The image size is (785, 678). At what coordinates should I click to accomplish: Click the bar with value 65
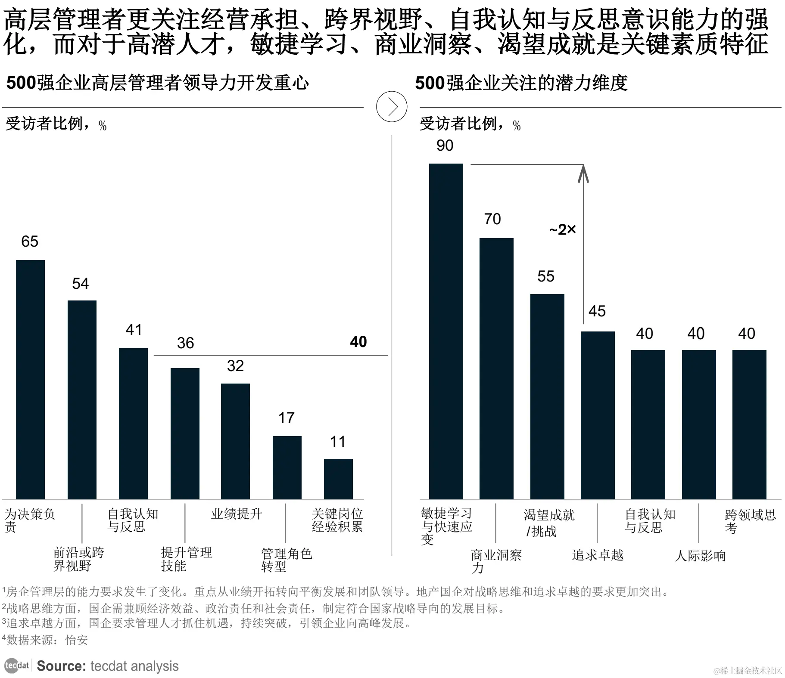click(30, 379)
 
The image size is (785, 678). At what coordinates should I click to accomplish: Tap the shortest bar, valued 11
click(338, 479)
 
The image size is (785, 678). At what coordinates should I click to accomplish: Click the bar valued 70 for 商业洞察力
click(496, 368)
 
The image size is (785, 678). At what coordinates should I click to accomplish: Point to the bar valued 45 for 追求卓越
click(598, 415)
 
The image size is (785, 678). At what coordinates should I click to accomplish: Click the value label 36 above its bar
click(185, 343)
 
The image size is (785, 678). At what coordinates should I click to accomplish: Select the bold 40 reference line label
click(358, 342)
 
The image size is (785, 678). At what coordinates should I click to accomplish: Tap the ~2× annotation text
click(562, 230)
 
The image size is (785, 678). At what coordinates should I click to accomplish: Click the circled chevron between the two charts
click(392, 106)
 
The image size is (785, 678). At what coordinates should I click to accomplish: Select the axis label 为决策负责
click(29, 520)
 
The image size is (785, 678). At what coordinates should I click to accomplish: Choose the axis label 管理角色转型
click(286, 560)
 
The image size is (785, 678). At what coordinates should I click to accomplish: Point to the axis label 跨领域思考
click(750, 521)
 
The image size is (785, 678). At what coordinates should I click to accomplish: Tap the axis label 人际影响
click(700, 556)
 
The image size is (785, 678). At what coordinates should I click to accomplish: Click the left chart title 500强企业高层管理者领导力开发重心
click(158, 83)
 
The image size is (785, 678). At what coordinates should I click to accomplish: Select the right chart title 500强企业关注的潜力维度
click(521, 83)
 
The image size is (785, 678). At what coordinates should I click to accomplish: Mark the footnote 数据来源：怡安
click(46, 640)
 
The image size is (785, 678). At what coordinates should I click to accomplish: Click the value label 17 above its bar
click(286, 418)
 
